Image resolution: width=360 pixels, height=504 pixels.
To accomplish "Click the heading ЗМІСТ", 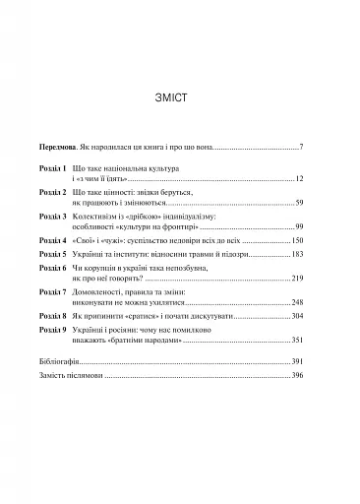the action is tap(180, 99).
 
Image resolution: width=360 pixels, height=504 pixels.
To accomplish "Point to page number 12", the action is tap(299, 182).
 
